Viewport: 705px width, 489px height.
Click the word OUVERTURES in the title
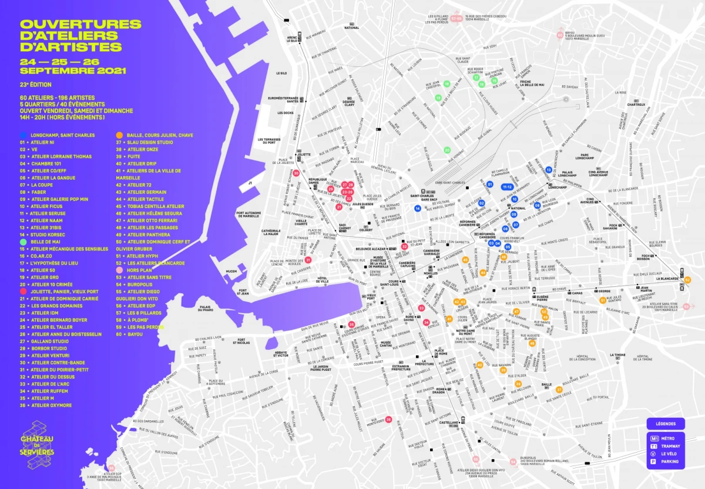(x=80, y=24)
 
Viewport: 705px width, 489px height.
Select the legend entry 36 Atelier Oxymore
(x=50, y=406)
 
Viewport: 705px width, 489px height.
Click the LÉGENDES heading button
(x=666, y=424)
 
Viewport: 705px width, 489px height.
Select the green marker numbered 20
(x=447, y=150)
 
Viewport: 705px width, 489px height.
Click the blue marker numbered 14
(x=418, y=208)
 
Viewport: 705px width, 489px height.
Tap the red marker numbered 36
(x=388, y=420)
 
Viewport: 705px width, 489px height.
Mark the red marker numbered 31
(x=308, y=260)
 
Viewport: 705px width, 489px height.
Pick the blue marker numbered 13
(x=549, y=170)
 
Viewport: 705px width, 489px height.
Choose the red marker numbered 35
(x=351, y=324)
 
